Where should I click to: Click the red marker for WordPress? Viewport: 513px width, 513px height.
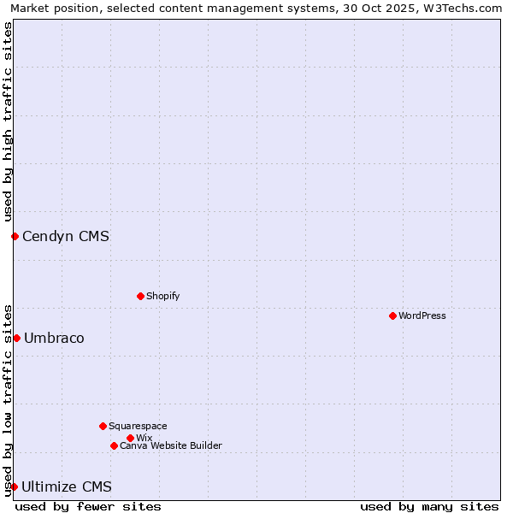392,315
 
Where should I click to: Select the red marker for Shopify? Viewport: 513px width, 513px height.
140,296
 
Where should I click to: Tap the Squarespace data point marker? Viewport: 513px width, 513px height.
103,426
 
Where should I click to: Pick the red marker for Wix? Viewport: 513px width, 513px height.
130,438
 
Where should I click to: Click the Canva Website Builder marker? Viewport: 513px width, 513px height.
114,445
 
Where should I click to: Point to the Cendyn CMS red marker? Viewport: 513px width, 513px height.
15,236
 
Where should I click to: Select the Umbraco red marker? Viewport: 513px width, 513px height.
16,338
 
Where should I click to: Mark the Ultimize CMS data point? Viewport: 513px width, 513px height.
14,486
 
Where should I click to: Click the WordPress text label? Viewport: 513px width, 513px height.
422,315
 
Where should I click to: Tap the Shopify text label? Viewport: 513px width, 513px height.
163,296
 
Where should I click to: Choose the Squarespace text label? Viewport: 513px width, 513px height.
138,426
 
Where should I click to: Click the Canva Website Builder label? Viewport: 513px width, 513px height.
171,445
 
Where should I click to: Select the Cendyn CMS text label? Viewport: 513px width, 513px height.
66,236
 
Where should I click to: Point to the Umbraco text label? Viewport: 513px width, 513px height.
54,338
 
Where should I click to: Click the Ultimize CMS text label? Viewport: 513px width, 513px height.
67,486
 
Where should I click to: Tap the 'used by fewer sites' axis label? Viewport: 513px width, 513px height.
88,506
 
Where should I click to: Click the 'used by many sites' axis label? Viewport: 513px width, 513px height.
429,506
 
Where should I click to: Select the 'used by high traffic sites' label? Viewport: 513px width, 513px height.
8,121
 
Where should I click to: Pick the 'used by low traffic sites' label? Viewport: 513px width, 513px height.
8,399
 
